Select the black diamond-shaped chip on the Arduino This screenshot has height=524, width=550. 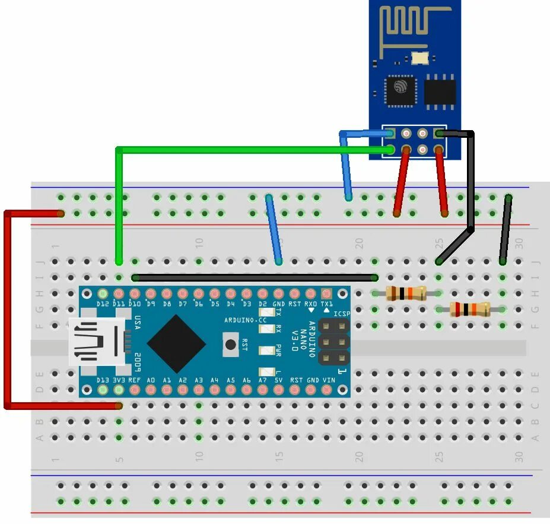tap(176, 343)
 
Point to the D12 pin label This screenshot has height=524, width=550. tap(103, 304)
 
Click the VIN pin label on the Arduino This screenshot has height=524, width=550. tap(328, 380)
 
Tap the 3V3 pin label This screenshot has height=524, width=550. tap(119, 380)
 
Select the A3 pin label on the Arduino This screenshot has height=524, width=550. tap(199, 380)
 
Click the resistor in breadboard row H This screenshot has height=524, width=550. tap(406, 293)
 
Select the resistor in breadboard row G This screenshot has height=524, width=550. tap(470, 309)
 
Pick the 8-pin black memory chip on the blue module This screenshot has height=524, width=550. tap(440, 91)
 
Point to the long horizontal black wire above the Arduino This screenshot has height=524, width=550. tap(255, 277)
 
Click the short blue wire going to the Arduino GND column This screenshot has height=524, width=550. tap(274, 229)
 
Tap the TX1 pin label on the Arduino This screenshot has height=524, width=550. tap(326, 304)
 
